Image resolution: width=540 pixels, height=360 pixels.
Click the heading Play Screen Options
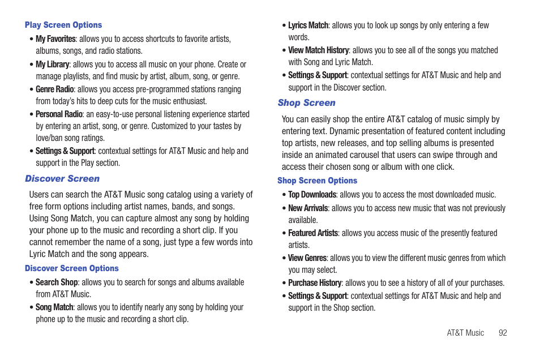(63, 25)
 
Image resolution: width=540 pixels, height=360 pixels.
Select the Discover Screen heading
(62, 179)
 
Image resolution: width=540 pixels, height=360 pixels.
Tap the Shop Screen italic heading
(306, 103)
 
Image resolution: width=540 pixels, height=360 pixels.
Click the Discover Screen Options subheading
(72, 268)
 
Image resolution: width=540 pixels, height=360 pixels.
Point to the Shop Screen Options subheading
(317, 181)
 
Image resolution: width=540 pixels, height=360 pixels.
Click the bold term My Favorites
(55, 39)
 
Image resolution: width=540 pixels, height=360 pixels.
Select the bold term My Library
(52, 65)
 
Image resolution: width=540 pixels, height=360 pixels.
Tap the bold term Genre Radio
(55, 89)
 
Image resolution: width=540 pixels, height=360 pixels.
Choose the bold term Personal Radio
(59, 114)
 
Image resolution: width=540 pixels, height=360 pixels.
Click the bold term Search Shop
(57, 282)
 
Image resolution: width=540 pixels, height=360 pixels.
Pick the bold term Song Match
(54, 307)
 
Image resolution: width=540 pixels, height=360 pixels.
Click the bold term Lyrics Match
(308, 25)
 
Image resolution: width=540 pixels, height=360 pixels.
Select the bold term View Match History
(318, 50)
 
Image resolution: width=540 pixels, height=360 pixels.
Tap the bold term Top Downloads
(312, 195)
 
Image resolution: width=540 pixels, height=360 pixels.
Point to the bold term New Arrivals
(308, 208)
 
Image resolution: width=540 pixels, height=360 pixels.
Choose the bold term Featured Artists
(313, 233)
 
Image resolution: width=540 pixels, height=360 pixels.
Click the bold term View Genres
(307, 258)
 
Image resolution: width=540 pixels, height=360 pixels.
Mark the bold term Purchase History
(315, 283)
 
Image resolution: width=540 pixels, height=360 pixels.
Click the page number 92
(503, 333)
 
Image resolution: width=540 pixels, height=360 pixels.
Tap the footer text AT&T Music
(465, 333)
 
